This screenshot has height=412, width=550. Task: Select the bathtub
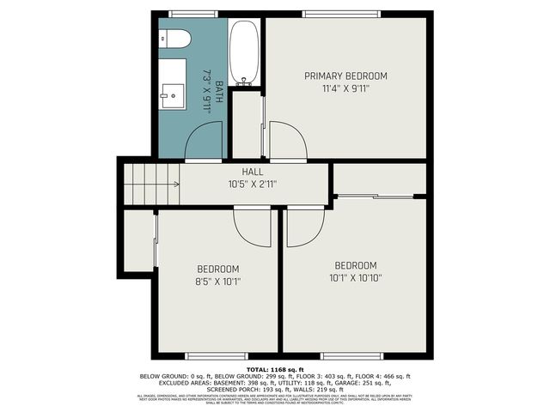pyautogui.click(x=245, y=53)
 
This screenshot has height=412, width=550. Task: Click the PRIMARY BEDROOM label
pyautogui.click(x=346, y=76)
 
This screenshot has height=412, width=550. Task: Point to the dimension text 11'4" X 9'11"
pyautogui.click(x=346, y=88)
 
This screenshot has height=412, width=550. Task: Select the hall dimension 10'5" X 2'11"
pyautogui.click(x=252, y=184)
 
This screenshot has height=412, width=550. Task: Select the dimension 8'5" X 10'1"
pyautogui.click(x=219, y=279)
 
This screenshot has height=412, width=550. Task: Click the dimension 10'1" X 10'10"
pyautogui.click(x=356, y=276)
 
